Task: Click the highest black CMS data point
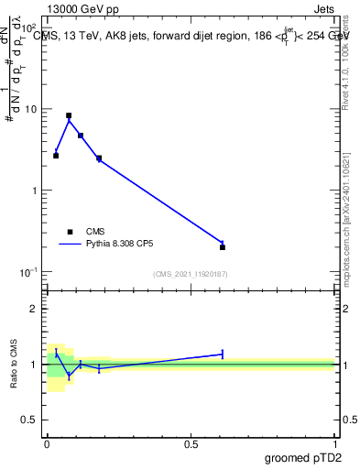(69, 116)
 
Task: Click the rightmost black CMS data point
(223, 247)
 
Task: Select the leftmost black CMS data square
(56, 156)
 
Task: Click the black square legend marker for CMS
(70, 232)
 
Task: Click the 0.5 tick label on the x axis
(191, 443)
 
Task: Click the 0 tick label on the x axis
(47, 443)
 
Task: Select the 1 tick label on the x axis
(336, 443)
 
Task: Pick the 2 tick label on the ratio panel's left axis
(33, 309)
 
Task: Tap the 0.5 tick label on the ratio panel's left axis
(29, 420)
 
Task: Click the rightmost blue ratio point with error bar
(223, 354)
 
